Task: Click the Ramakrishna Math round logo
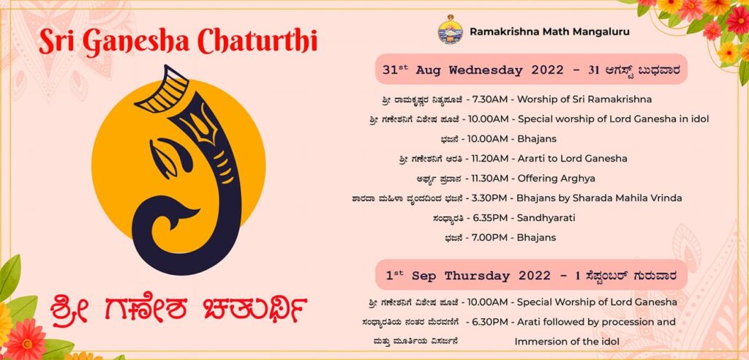click(x=450, y=29)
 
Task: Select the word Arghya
click(x=579, y=179)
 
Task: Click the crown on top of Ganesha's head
click(x=162, y=90)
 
